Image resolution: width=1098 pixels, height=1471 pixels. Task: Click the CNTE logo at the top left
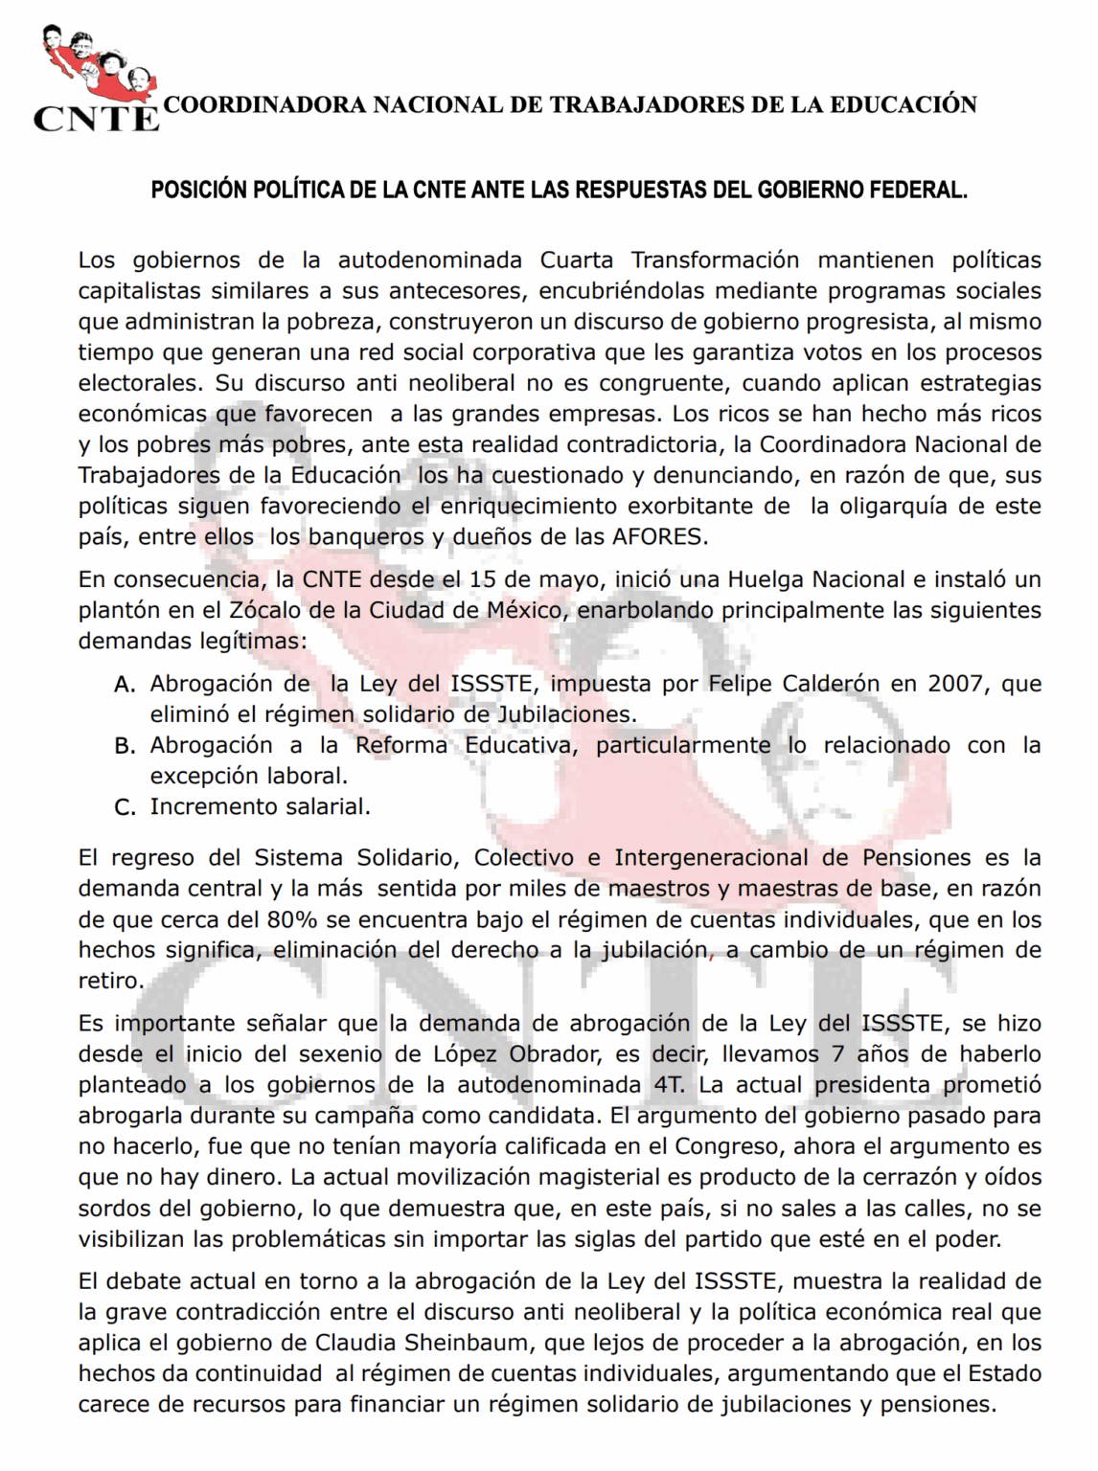(95, 79)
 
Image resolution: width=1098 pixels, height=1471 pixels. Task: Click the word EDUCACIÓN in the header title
(903, 104)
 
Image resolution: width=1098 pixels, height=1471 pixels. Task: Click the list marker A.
(125, 684)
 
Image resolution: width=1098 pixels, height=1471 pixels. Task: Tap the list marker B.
(125, 745)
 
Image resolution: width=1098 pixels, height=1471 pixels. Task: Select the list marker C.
(125, 806)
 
